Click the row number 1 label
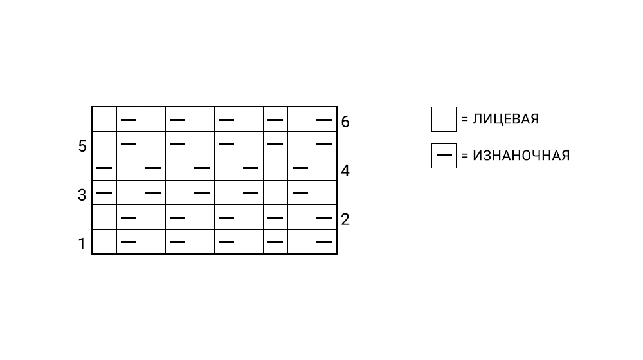pos(82,244)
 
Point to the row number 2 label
pos(345,220)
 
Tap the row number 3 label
pos(82,195)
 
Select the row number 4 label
pos(345,171)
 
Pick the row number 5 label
pos(82,147)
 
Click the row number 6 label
pos(345,122)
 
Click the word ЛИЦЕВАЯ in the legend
pos(505,120)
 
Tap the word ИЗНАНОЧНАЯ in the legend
pos(521,156)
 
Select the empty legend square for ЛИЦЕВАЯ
pos(444,120)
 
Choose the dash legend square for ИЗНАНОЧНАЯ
pos(444,156)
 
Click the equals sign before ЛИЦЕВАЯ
pos(464,120)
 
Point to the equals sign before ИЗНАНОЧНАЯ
pos(464,156)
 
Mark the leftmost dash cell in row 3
pos(104,192)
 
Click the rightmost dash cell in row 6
pos(325,119)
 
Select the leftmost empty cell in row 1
pos(104,242)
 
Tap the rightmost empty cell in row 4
pos(325,168)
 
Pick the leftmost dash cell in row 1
pos(129,242)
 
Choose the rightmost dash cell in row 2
pos(325,217)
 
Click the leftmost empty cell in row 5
pos(104,143)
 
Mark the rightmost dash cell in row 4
pos(300,168)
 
